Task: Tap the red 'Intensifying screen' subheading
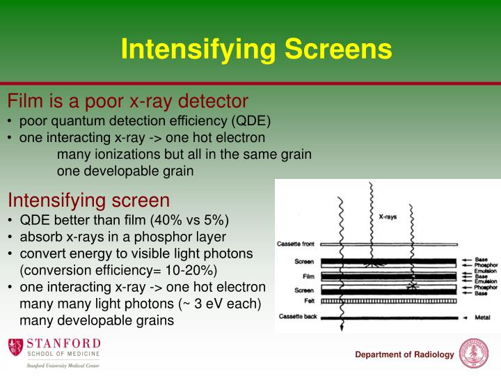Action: (x=88, y=201)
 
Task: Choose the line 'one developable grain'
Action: (x=125, y=171)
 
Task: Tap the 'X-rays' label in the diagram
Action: (x=388, y=217)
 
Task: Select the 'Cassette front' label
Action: (x=296, y=244)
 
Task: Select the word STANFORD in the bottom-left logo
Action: (x=63, y=343)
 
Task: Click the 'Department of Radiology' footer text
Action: (x=404, y=355)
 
